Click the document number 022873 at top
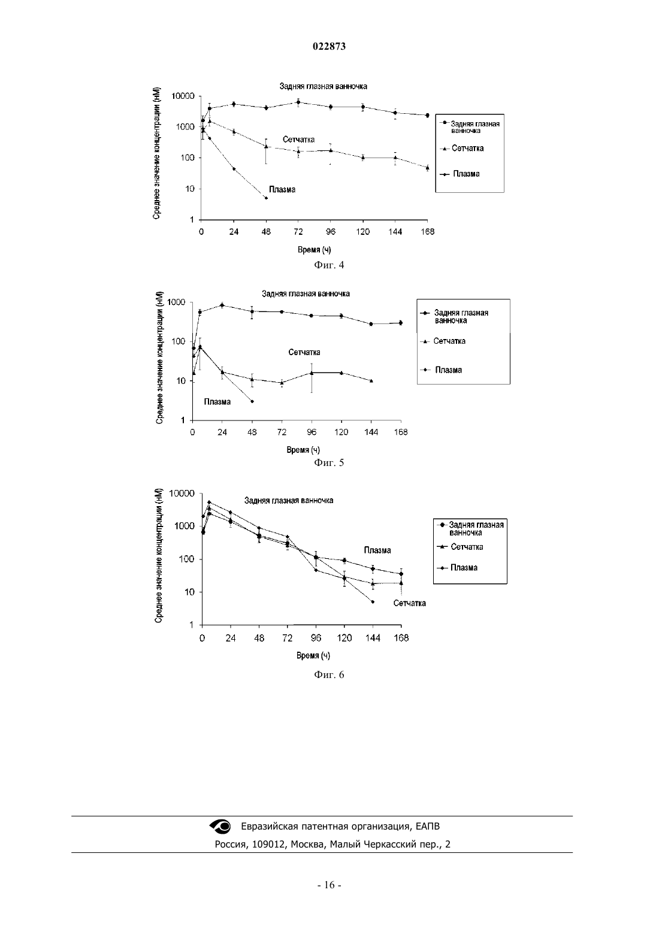329,46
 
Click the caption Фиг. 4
329,265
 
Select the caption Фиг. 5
329,462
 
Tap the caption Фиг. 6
329,674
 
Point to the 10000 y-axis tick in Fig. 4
183,96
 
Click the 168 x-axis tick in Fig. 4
427,232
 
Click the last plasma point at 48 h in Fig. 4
266,198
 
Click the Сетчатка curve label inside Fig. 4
299,140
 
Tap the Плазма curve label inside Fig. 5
217,402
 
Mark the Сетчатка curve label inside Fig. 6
409,603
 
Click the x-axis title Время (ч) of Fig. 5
303,450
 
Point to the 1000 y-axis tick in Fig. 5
176,302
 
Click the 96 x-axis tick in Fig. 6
316,639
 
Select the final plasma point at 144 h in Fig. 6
373,601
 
